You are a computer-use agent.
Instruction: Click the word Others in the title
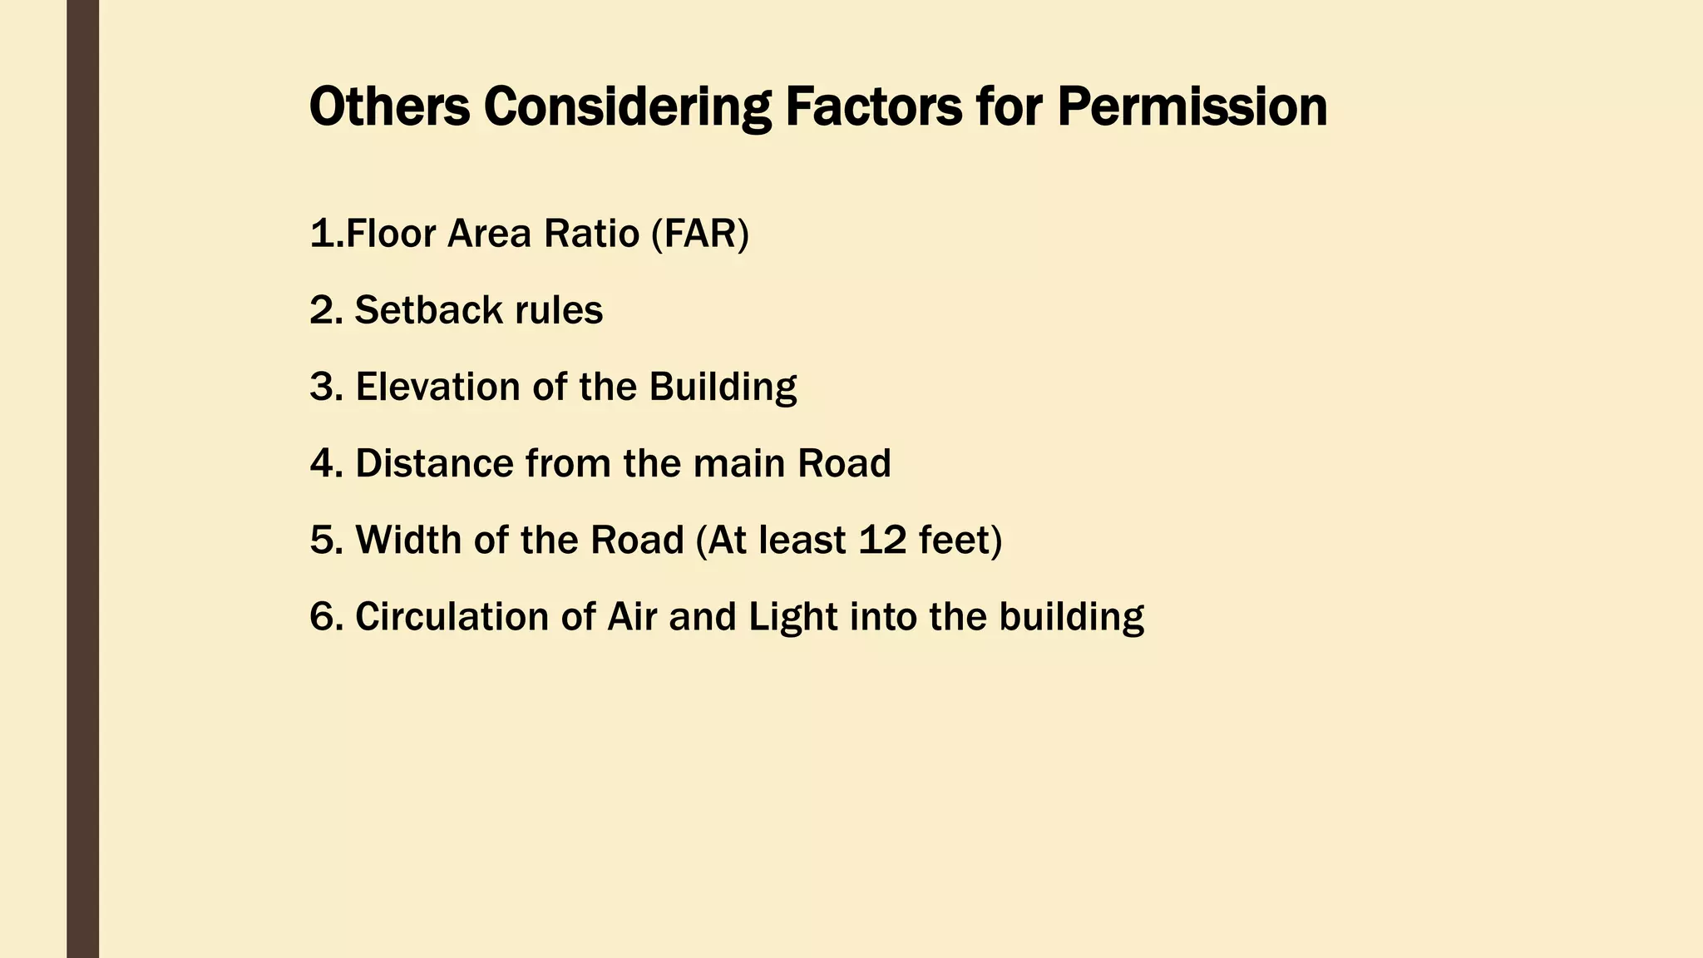tap(389, 107)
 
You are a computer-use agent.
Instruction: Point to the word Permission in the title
tap(1192, 107)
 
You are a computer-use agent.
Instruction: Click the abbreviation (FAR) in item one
tap(700, 234)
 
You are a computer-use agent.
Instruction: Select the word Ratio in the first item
tap(591, 234)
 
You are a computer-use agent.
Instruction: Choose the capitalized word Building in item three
tap(723, 387)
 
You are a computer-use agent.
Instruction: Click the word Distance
tap(434, 463)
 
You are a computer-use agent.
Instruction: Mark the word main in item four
tap(739, 463)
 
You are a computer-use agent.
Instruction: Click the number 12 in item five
tap(882, 540)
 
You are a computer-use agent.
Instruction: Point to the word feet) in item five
tap(960, 540)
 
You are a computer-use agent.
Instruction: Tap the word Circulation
tap(452, 617)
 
